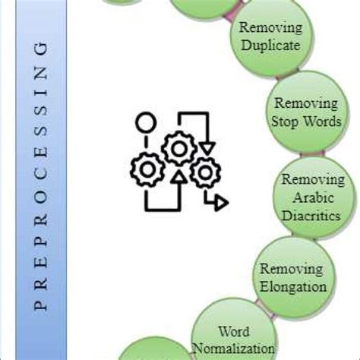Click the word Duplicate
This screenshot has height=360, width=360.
pos(270,45)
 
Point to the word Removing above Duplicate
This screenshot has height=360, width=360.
pos(270,28)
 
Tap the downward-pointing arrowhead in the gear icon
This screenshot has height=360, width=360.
pos(207,145)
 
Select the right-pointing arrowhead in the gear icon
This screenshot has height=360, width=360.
pos(219,202)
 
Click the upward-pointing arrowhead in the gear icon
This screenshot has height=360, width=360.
pos(178,178)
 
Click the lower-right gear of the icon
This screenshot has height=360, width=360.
pos(204,173)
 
